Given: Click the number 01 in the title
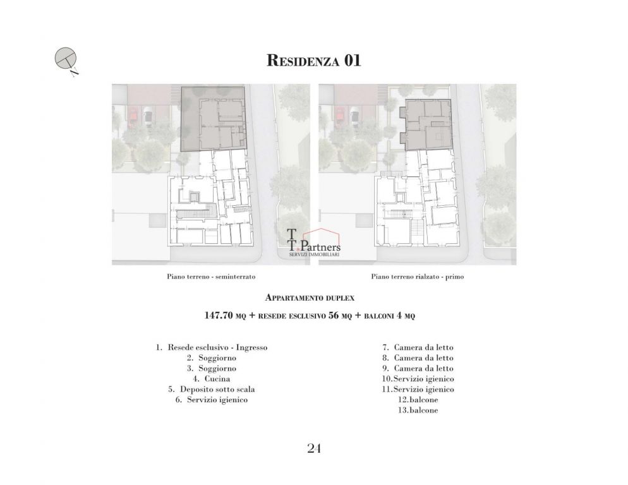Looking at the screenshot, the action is coord(352,61).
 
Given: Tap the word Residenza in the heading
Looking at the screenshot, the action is coord(303,61).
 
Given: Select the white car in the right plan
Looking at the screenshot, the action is coord(355,117).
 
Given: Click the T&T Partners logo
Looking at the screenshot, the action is coord(314,243).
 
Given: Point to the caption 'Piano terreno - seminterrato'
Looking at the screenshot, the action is coord(211,277).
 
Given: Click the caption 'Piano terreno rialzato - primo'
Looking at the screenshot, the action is coord(418,277).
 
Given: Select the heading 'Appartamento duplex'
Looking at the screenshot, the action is coord(310,298).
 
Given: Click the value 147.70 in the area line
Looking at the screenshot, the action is coord(219,316).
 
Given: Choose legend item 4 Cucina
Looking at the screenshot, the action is coord(212,379).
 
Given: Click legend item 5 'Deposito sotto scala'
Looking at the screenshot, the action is coord(212,389).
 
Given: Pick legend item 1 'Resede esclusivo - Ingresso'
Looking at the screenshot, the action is coord(212,347).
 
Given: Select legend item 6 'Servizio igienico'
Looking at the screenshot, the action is coord(212,400).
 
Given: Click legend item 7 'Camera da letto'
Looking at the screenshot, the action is coord(418,347).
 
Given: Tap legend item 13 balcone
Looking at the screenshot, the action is coord(418,410).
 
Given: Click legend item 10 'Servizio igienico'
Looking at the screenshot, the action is coord(418,379).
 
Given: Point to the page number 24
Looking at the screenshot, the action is coord(314,448).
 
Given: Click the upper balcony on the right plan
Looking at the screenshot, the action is coord(402,113).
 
